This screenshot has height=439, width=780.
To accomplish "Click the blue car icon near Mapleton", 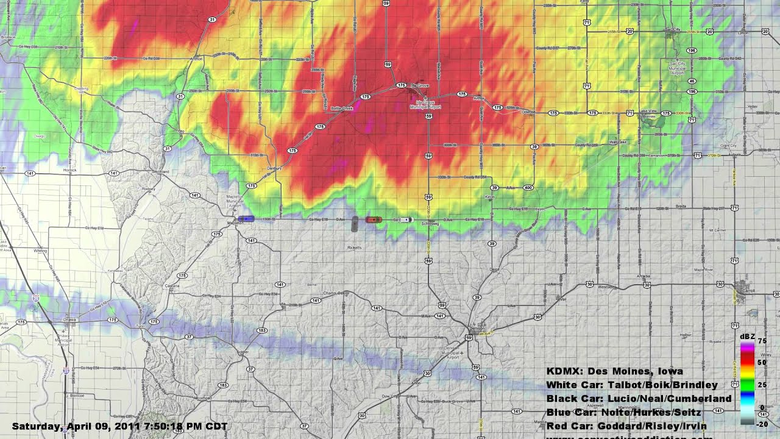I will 246,219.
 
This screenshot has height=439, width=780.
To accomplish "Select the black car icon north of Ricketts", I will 355,224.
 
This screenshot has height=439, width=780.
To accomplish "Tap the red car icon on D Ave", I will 374,220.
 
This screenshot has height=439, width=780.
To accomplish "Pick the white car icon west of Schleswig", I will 405,220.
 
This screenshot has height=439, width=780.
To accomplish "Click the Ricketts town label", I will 355,248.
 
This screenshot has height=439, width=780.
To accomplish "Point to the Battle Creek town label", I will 342,108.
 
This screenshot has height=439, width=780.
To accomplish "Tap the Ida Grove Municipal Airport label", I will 425,104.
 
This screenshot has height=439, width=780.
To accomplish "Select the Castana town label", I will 172,285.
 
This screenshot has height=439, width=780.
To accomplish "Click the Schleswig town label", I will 430,224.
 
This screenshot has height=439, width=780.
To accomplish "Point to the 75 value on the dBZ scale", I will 762,341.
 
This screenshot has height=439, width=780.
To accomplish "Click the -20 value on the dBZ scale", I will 762,424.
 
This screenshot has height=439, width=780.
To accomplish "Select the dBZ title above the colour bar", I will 747,336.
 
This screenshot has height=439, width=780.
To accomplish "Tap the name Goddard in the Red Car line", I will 617,426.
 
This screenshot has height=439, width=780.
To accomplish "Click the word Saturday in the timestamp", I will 36,426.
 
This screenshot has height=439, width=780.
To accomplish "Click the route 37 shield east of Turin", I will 190,337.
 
